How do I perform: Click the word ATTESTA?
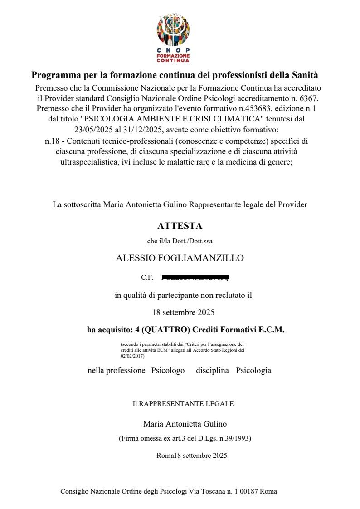[x=180, y=226]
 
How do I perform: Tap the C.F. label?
[x=147, y=277]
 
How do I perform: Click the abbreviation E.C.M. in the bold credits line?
[x=271, y=330]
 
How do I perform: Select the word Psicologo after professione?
[x=168, y=370]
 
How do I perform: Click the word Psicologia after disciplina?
[x=253, y=370]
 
